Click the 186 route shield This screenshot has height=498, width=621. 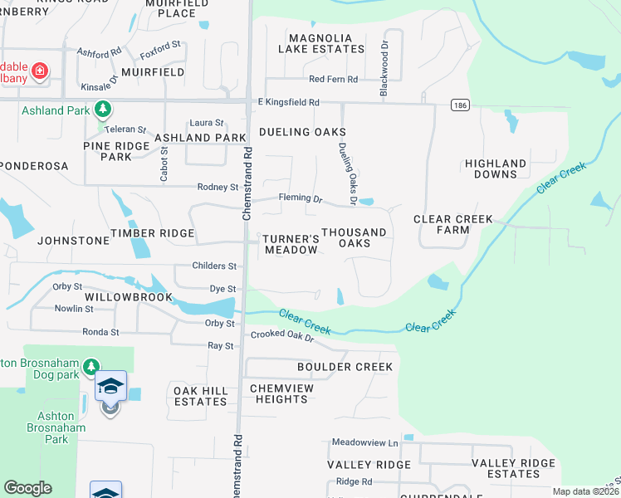click(459, 105)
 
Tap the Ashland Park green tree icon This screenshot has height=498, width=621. click(103, 109)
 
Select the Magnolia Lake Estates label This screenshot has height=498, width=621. click(326, 43)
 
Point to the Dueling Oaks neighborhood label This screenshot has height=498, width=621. click(302, 132)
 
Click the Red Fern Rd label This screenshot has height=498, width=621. click(333, 80)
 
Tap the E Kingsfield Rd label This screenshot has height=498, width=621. click(288, 102)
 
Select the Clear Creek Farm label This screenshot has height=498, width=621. click(453, 224)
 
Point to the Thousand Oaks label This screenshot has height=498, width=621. click(355, 238)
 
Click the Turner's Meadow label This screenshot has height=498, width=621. click(291, 244)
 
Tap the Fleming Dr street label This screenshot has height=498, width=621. click(300, 199)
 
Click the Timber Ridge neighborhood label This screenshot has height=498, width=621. click(153, 233)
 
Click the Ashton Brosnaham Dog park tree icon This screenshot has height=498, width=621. click(92, 366)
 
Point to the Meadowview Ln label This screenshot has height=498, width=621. click(364, 443)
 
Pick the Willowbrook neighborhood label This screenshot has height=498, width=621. click(129, 296)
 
